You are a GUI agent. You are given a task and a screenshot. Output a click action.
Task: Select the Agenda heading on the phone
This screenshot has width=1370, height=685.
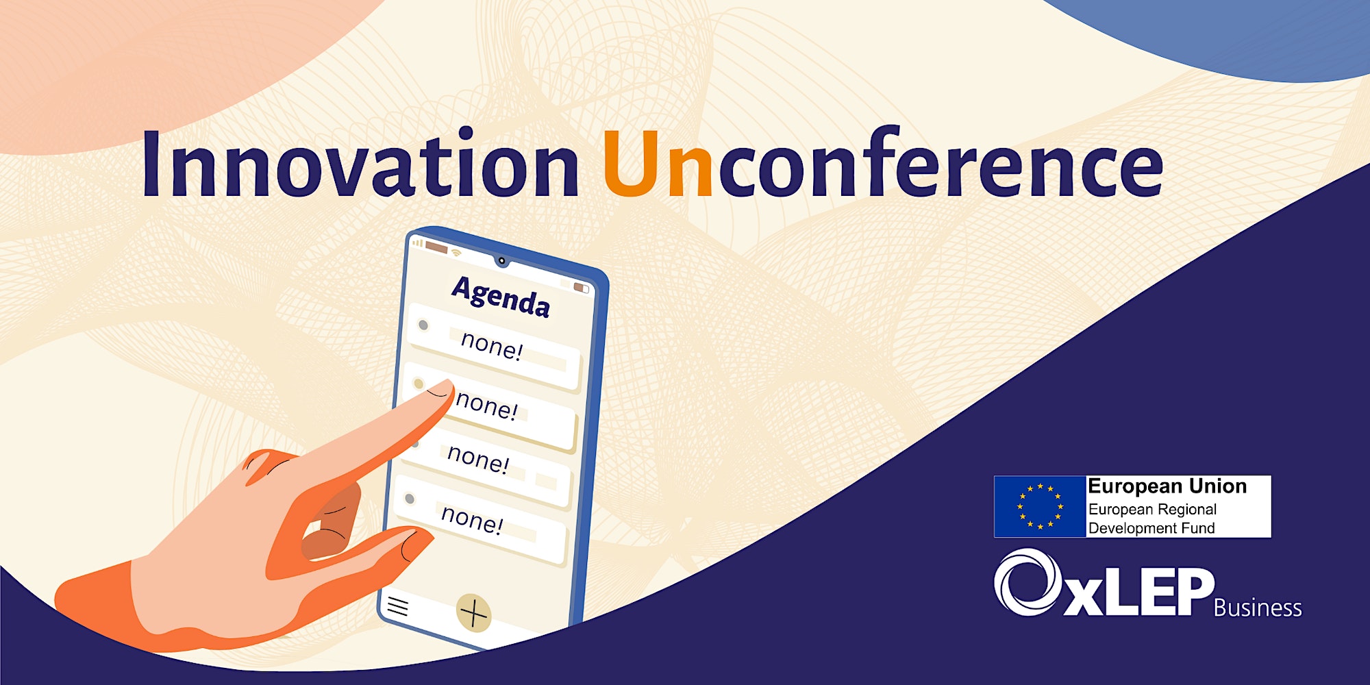501,297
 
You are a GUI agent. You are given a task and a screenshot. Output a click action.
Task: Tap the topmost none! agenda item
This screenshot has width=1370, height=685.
492,345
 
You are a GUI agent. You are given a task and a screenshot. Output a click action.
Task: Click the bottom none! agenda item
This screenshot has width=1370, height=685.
472,518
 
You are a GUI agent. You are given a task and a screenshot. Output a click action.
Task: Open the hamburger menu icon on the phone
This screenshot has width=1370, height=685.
398,606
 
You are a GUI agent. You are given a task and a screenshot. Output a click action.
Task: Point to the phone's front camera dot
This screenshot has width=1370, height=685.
502,261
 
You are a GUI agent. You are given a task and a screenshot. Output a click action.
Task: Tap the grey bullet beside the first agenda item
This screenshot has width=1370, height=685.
423,325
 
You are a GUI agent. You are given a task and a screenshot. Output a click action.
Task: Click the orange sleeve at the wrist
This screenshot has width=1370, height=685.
103,606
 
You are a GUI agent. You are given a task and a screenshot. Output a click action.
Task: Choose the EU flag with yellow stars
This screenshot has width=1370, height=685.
1040,507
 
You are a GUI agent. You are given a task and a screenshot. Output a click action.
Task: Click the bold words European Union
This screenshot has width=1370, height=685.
1167,486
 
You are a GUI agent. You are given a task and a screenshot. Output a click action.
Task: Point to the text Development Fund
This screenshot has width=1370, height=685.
1151,528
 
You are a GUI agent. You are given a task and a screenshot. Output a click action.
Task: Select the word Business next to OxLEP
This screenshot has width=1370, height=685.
1258,608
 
